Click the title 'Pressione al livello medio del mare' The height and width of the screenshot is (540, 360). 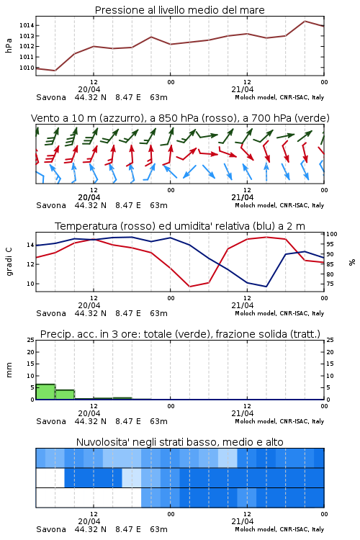[179, 10]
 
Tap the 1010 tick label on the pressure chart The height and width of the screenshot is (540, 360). [27, 68]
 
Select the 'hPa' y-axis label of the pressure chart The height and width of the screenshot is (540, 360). [9, 45]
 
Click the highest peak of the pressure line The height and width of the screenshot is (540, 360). [305, 21]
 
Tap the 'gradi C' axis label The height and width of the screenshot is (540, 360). [9, 261]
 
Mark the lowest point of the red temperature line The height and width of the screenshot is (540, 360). [190, 287]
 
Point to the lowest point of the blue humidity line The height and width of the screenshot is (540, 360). [266, 287]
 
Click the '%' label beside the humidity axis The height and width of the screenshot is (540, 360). [352, 262]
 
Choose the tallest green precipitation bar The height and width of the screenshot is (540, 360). [45, 392]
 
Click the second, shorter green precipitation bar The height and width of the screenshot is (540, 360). [65, 395]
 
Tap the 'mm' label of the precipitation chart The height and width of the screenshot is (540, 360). [9, 370]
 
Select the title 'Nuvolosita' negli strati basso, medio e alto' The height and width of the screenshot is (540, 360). [179, 442]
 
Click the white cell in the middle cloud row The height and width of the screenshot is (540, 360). [50, 478]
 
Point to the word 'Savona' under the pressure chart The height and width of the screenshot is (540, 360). [51, 97]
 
